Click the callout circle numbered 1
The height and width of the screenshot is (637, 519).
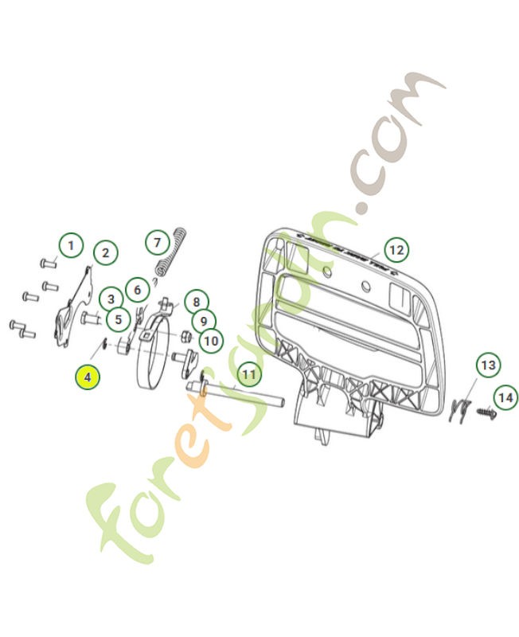click(71, 244)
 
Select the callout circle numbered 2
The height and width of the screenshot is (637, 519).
click(104, 254)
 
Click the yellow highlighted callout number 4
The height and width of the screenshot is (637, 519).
click(88, 375)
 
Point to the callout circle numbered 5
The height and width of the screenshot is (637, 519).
click(118, 320)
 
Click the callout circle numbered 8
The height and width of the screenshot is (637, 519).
click(196, 302)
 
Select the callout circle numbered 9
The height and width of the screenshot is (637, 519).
click(203, 321)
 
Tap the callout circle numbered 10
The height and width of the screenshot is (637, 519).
click(210, 342)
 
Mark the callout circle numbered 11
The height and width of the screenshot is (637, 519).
click(249, 373)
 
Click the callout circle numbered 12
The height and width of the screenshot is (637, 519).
click(396, 250)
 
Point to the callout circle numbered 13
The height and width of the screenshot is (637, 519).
click(488, 366)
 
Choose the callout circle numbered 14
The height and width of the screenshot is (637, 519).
click(504, 396)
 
